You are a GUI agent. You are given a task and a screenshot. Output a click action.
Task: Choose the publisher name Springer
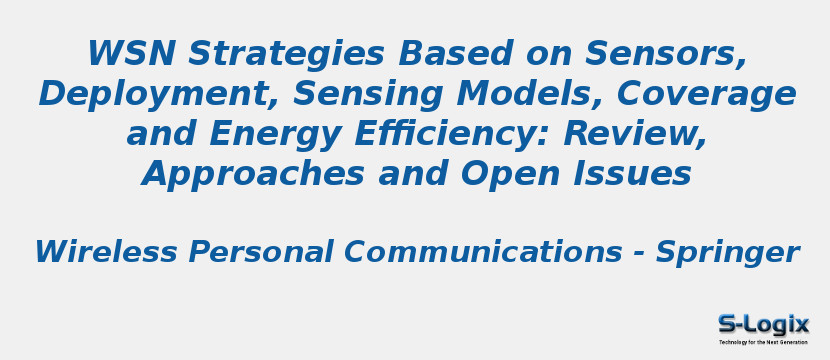pos(727,252)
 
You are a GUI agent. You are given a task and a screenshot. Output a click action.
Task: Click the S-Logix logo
pos(763,324)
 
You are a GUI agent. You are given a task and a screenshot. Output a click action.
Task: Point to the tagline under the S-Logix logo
pos(763,342)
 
